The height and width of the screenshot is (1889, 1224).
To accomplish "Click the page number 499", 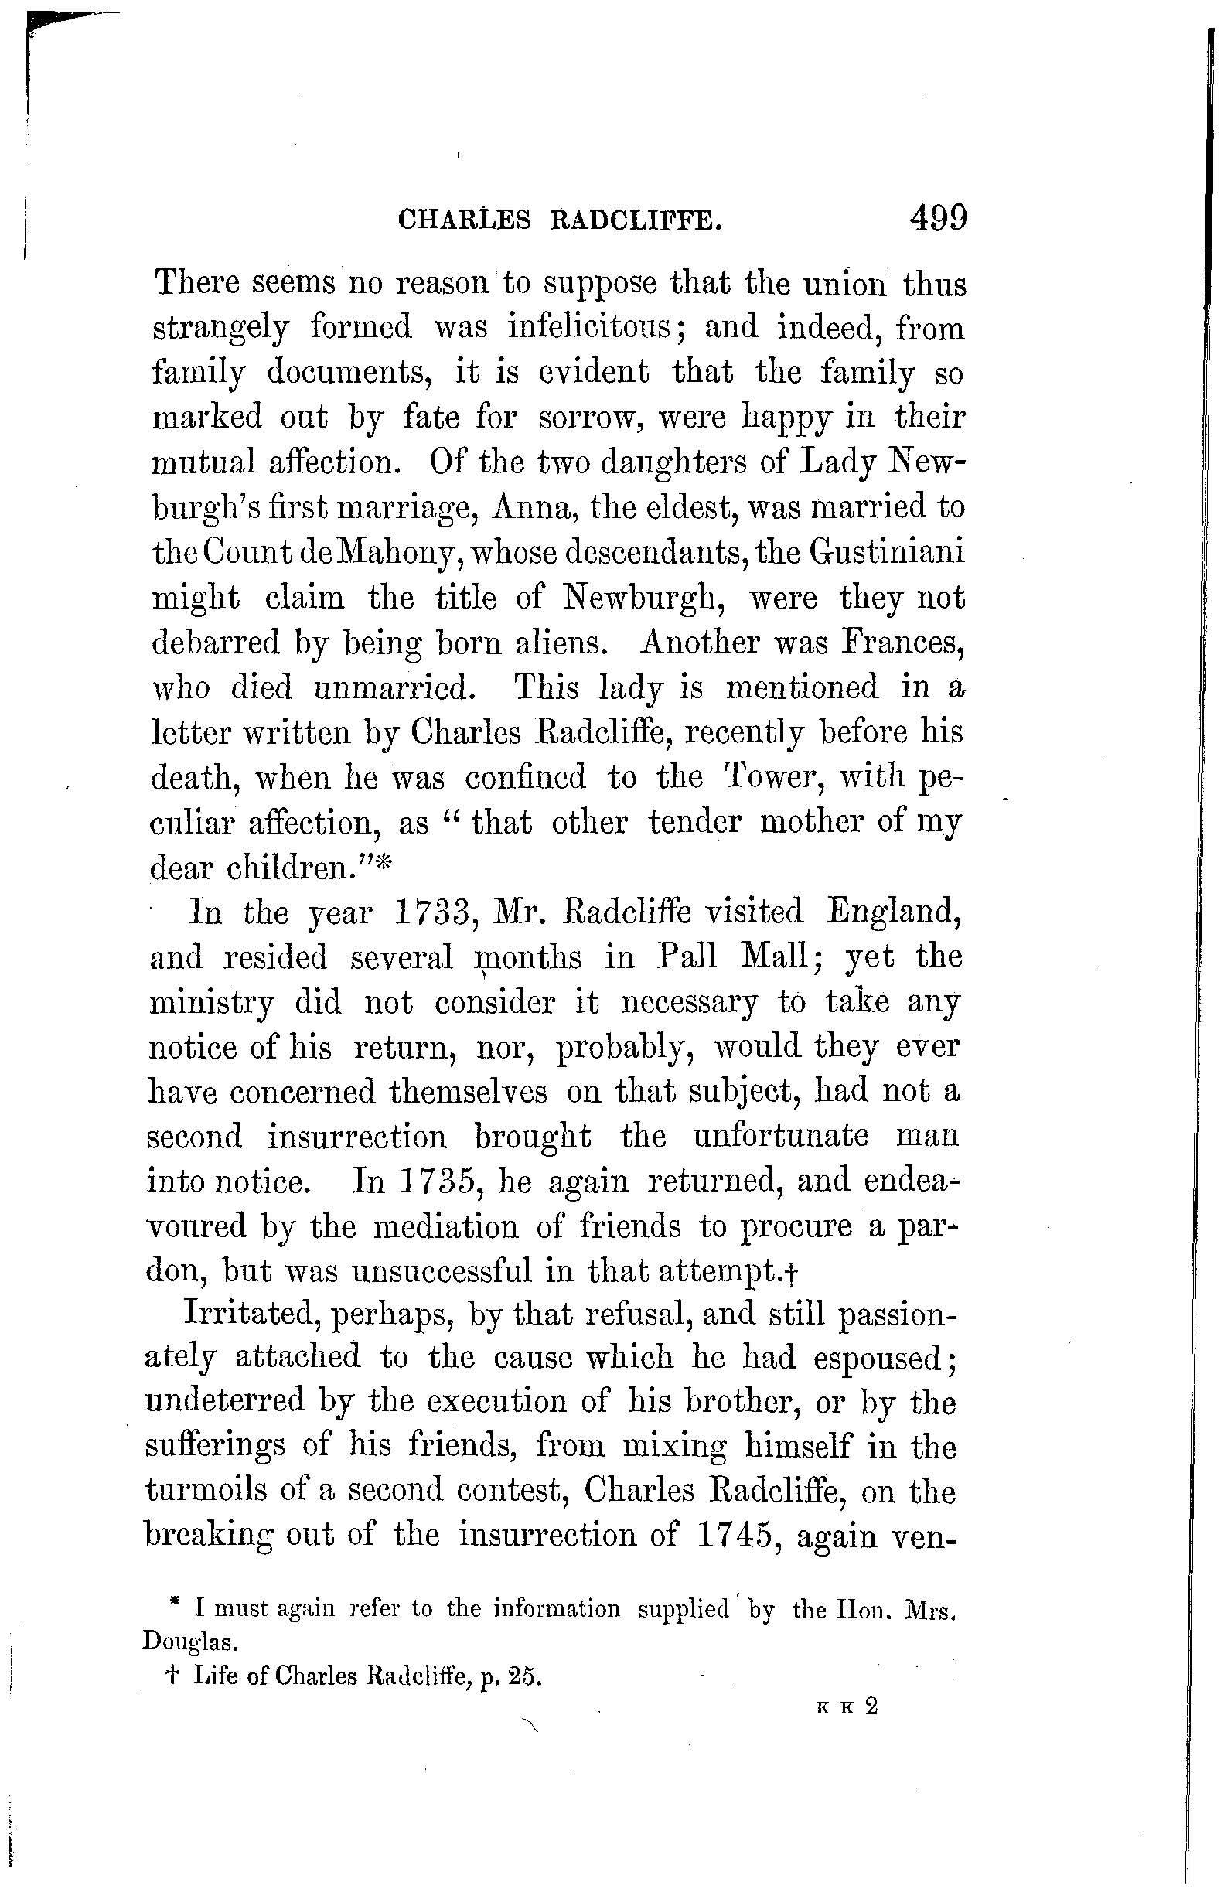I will pos(938,217).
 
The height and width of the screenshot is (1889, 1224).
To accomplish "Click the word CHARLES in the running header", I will pos(465,220).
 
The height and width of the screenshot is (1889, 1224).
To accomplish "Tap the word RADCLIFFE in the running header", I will pos(636,220).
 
